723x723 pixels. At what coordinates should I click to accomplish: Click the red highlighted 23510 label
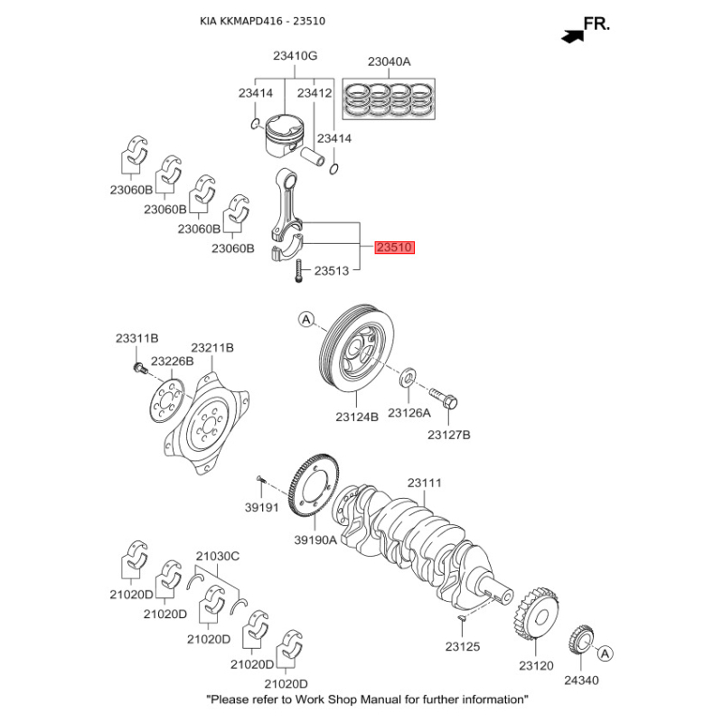[395, 247]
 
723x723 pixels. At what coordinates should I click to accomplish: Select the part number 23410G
[296, 56]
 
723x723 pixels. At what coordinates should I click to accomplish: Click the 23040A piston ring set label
[389, 61]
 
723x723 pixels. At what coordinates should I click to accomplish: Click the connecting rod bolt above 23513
[296, 271]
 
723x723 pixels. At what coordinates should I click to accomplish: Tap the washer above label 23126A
[408, 375]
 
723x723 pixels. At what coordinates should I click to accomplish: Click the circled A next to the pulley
[305, 319]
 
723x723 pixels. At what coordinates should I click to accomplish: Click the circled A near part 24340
[605, 653]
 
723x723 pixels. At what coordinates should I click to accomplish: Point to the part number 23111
[424, 483]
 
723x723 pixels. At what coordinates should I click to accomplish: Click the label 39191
[263, 508]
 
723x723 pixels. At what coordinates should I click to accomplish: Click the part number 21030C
[218, 557]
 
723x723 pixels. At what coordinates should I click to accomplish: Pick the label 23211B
[212, 347]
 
